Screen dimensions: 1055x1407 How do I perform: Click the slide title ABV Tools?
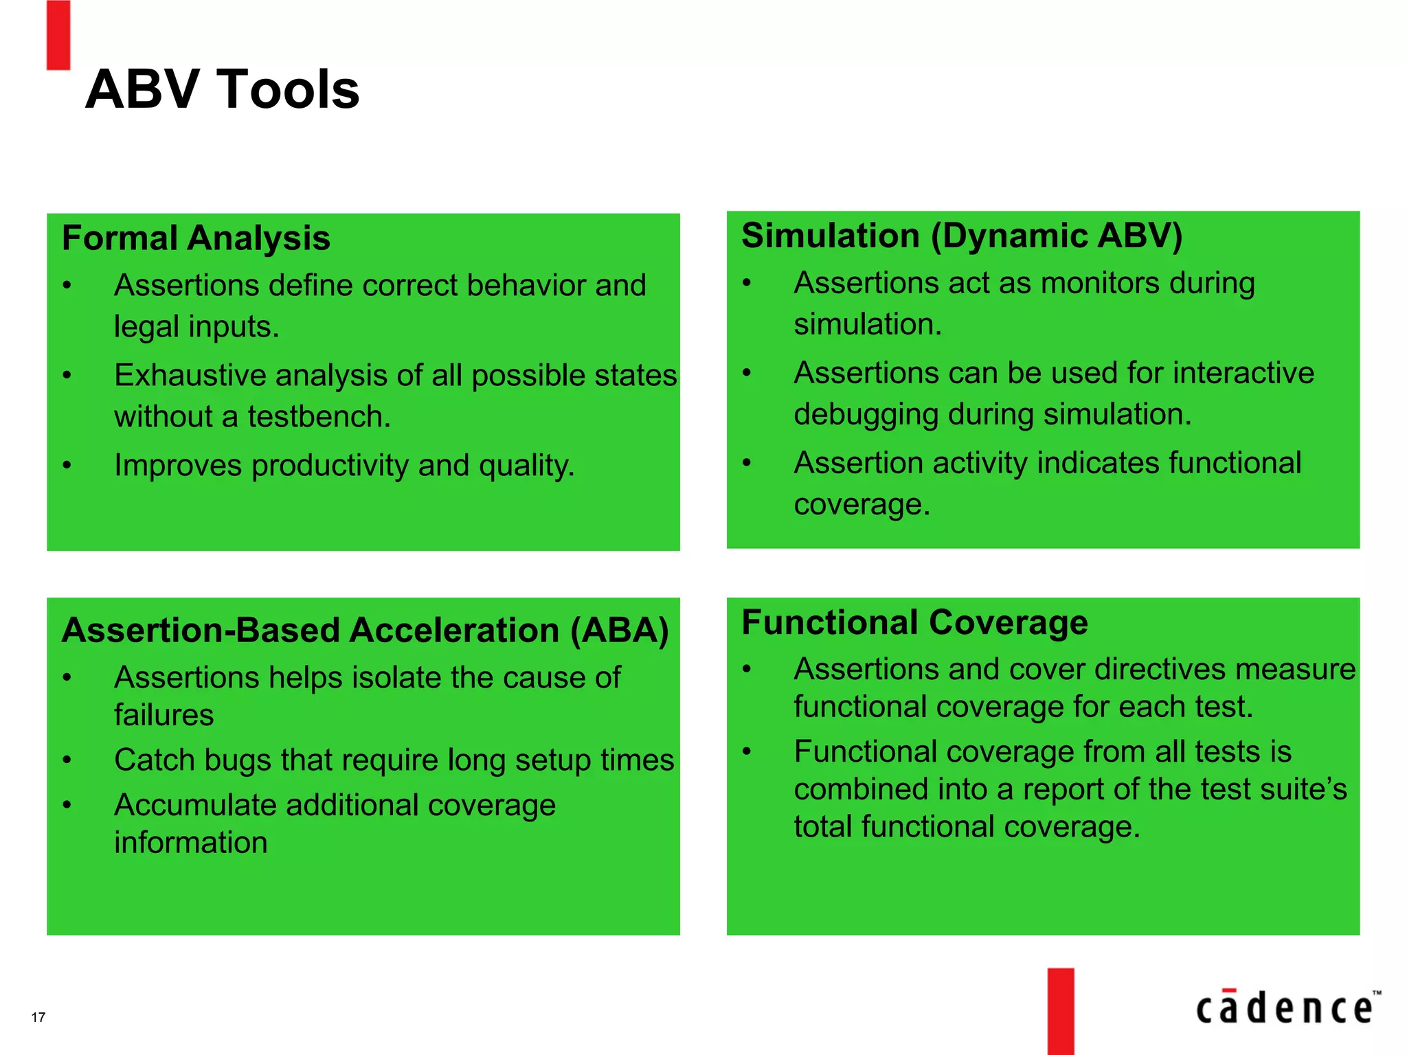[222, 90]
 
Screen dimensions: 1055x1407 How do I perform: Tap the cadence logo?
[1287, 1008]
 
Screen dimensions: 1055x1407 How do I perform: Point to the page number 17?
[38, 1017]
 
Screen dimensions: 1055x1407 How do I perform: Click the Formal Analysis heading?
[196, 238]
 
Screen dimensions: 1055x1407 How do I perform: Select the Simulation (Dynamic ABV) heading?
[962, 236]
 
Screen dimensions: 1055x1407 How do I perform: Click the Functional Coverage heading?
[914, 622]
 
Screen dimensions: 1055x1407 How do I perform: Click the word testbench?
[319, 417]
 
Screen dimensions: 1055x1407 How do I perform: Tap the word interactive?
[1243, 373]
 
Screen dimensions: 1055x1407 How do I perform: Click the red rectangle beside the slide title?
[58, 35]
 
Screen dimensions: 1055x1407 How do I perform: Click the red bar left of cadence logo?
[1061, 1011]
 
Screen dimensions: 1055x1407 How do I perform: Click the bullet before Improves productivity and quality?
[67, 466]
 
